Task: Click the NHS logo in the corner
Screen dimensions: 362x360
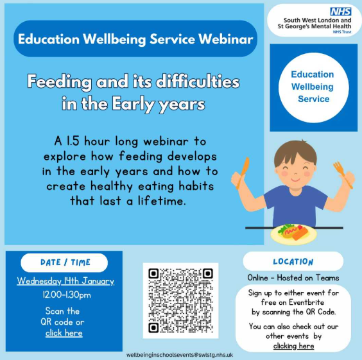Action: pos(341,12)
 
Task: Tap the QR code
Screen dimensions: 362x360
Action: pos(180,300)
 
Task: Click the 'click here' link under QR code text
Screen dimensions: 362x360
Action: pos(64,333)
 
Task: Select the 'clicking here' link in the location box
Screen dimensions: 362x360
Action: pos(294,346)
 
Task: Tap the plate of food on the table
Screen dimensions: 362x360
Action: pos(294,234)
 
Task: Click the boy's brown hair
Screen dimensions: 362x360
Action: pos(295,153)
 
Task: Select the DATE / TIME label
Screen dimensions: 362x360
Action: pos(65,262)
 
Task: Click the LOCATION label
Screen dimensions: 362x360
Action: pos(293,262)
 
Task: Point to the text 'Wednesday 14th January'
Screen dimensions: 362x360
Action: pos(65,281)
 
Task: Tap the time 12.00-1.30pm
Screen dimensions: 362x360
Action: pos(67,295)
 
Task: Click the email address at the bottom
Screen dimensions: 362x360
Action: pos(180,355)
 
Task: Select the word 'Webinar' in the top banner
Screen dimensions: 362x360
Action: pos(226,39)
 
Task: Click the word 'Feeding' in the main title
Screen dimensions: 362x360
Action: pos(59,82)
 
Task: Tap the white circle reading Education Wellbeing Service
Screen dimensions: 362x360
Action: pos(313,88)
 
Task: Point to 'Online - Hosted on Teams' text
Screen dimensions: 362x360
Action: pos(293,278)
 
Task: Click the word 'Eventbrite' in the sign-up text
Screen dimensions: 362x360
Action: pos(306,302)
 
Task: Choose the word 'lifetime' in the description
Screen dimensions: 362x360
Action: pos(162,201)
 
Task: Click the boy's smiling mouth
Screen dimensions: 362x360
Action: pos(295,179)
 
